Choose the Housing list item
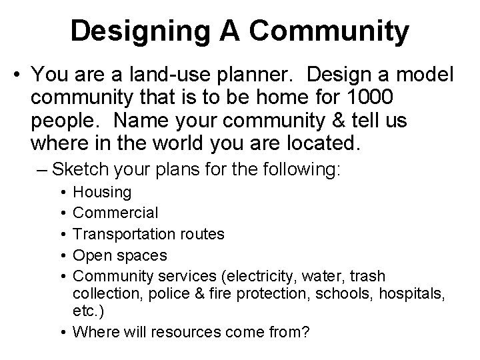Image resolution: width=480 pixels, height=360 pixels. point(102,192)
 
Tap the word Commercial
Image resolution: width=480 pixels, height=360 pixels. point(115,213)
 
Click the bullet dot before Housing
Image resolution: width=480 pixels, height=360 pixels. point(61,193)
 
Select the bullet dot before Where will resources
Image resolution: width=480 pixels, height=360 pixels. point(61,332)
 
